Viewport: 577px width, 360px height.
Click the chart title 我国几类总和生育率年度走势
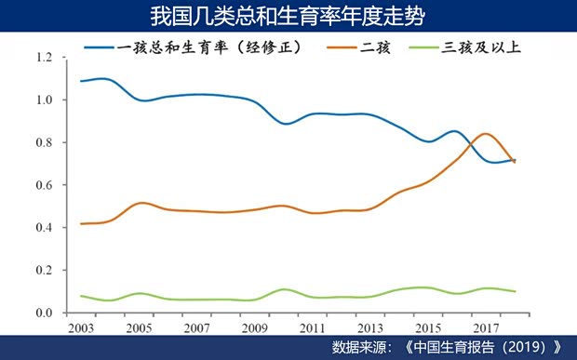click(x=288, y=17)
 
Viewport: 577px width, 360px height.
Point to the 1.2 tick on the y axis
click(x=44, y=58)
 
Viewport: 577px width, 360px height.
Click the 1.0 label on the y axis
click(x=44, y=100)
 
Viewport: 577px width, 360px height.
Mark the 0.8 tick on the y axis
click(x=44, y=143)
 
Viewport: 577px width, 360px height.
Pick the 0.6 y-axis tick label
click(x=44, y=185)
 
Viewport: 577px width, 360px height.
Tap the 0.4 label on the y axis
click(x=44, y=228)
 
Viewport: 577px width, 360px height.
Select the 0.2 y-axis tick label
click(x=44, y=271)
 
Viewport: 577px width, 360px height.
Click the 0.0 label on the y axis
click(x=44, y=313)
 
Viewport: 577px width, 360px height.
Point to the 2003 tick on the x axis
click(x=81, y=328)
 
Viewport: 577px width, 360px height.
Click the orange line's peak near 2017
click(x=484, y=134)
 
